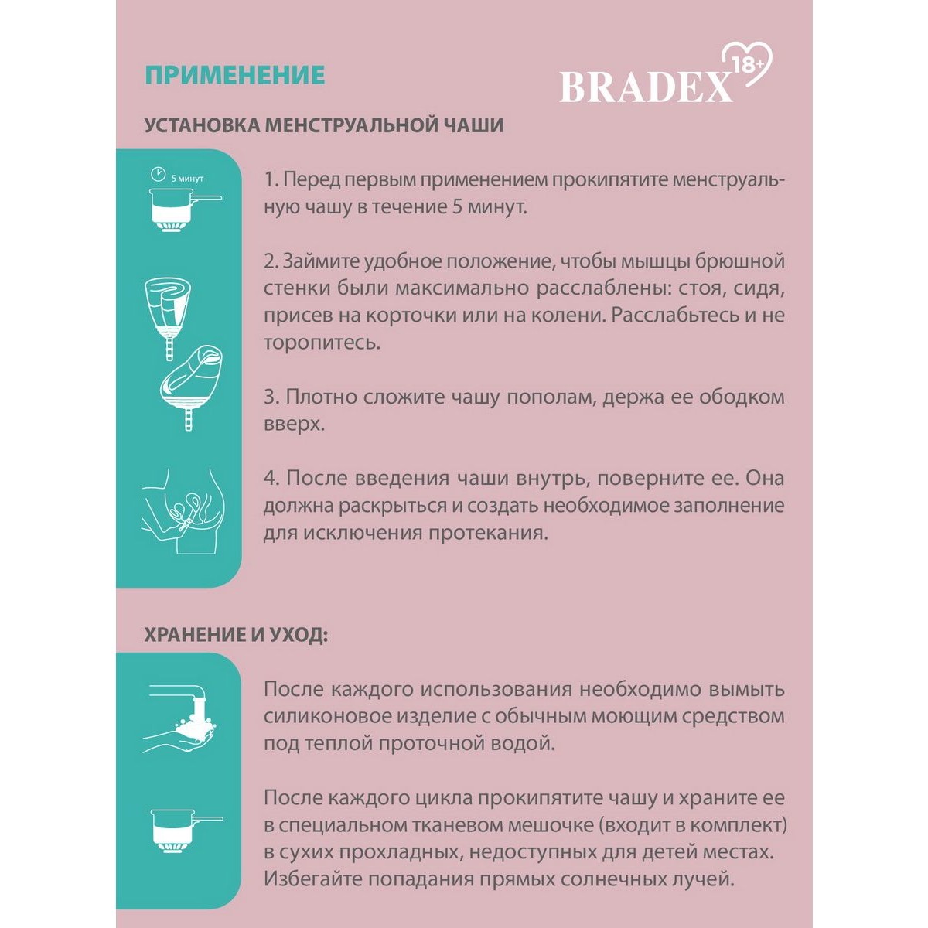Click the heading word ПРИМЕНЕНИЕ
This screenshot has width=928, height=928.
point(234,75)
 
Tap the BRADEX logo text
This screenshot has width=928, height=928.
point(646,87)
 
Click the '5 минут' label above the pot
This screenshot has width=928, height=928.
point(187,179)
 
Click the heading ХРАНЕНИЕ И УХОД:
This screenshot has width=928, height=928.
point(236,636)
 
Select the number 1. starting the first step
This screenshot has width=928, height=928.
point(271,180)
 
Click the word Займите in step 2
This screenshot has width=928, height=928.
point(315,261)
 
